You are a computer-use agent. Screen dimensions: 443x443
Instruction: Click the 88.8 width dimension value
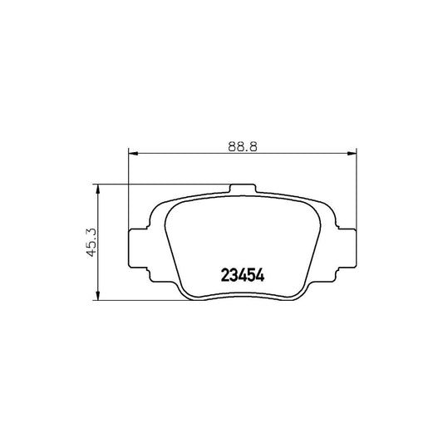pyautogui.click(x=243, y=146)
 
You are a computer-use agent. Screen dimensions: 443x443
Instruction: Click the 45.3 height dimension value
pyautogui.click(x=91, y=243)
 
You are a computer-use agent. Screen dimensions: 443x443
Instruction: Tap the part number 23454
pyautogui.click(x=243, y=275)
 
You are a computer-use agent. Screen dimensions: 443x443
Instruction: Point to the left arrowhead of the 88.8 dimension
pyautogui.click(x=133, y=154)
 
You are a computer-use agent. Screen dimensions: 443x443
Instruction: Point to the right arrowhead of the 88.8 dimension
pyautogui.click(x=352, y=154)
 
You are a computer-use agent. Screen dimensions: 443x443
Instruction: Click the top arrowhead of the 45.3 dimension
pyautogui.click(x=98, y=189)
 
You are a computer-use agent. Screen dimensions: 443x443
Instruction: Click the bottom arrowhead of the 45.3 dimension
pyautogui.click(x=98, y=296)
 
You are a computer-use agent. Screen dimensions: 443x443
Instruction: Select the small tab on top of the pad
pyautogui.click(x=243, y=189)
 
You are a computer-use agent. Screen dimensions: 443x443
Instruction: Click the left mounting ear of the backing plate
pyautogui.click(x=138, y=248)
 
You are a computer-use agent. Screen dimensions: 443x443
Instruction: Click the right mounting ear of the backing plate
pyautogui.click(x=347, y=248)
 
